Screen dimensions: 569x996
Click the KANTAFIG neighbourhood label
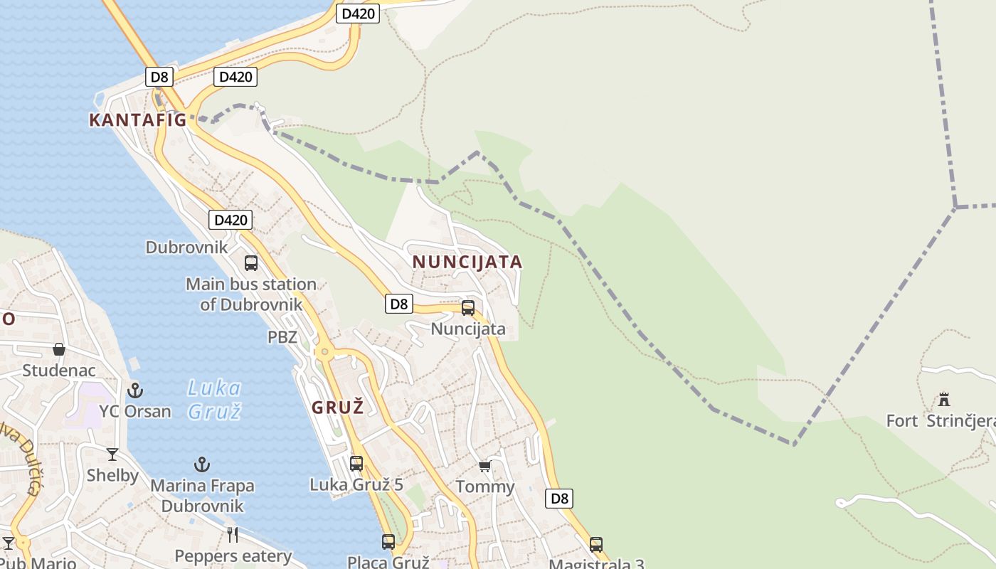point(137,120)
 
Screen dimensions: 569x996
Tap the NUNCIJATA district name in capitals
point(467,262)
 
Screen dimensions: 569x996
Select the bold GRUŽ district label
point(338,408)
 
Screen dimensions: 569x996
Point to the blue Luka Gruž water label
point(214,400)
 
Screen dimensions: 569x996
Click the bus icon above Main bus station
point(251,263)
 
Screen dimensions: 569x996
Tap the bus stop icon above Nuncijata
point(468,308)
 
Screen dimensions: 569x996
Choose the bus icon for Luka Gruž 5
point(356,464)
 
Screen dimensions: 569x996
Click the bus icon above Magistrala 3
point(596,545)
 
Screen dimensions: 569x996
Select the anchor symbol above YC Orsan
point(135,390)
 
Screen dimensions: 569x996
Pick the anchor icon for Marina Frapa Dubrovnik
point(202,465)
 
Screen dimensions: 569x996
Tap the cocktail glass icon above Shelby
point(112,454)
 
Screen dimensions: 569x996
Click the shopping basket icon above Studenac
point(59,349)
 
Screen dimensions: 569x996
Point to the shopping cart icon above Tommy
point(485,466)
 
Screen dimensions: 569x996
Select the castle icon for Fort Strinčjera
point(944,399)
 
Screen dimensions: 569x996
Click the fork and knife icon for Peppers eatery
point(233,535)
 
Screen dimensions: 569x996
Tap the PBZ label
point(282,337)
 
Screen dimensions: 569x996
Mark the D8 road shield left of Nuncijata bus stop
point(399,304)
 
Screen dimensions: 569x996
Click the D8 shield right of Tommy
point(560,498)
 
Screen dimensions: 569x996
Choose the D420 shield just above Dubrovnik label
point(231,220)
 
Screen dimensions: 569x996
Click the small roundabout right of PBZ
point(324,351)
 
